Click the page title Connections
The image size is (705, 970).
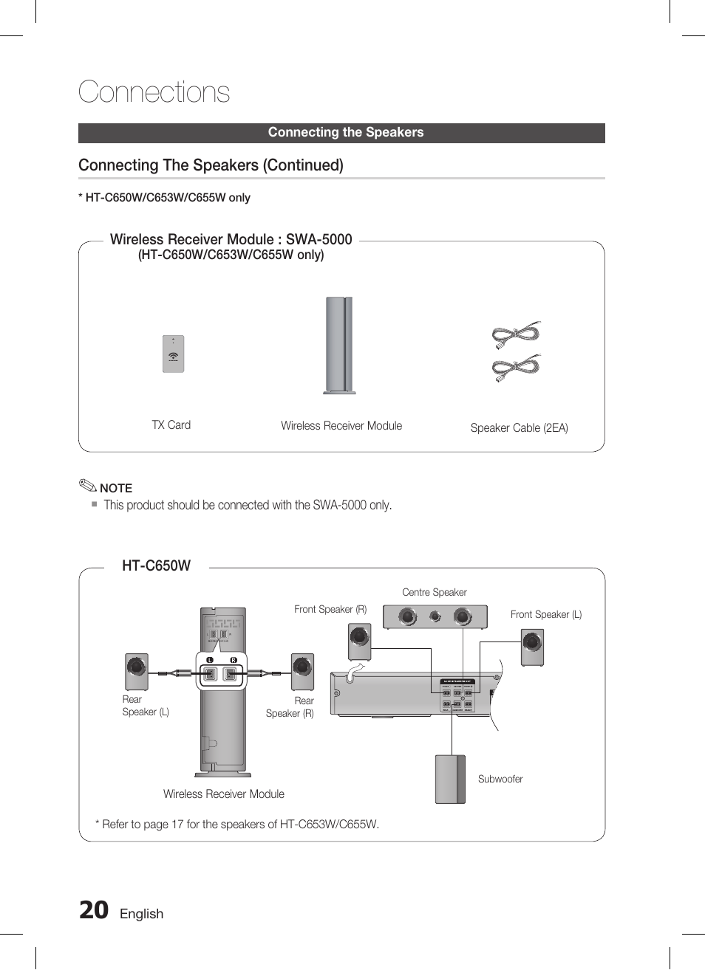(x=154, y=92)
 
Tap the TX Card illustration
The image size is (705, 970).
(x=173, y=354)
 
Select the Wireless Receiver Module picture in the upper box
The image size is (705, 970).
(x=339, y=345)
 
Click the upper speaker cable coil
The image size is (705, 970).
(x=516, y=335)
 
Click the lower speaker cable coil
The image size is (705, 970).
(x=516, y=368)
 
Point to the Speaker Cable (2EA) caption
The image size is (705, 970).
(x=519, y=428)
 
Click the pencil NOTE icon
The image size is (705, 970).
(x=88, y=486)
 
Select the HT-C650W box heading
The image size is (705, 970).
(x=156, y=566)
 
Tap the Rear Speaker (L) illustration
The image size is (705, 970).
(x=136, y=671)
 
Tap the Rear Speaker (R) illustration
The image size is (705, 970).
(x=302, y=671)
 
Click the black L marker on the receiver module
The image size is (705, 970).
(x=210, y=659)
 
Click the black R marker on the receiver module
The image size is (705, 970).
(x=234, y=659)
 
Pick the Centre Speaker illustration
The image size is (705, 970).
(x=435, y=616)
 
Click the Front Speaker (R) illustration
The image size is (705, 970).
(x=359, y=641)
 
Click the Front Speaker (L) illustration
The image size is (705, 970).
(x=532, y=647)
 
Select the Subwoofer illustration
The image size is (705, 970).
(x=450, y=779)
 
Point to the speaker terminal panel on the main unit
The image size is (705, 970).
(x=457, y=695)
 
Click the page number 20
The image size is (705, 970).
(x=94, y=911)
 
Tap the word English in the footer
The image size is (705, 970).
(x=141, y=914)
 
